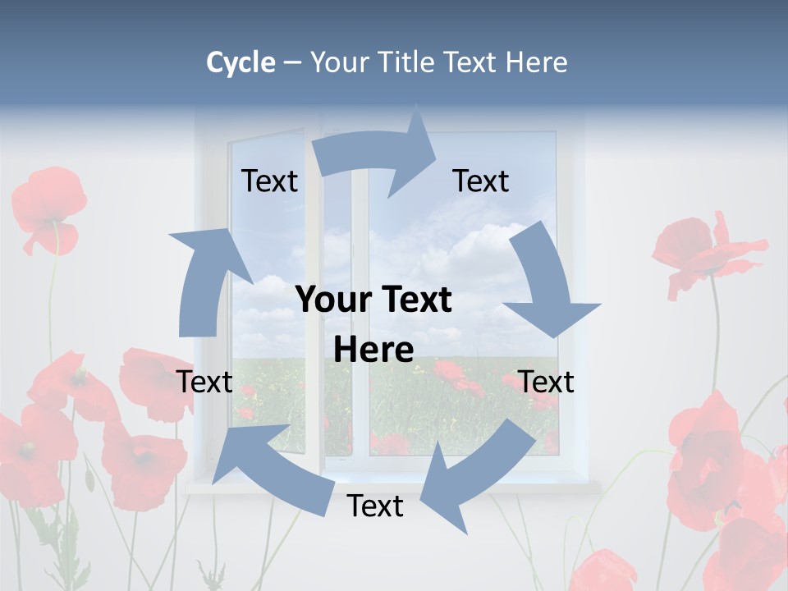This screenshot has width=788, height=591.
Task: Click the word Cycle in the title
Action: coord(241,62)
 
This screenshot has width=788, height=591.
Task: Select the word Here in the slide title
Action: coord(536,62)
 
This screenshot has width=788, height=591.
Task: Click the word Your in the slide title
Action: coord(340,62)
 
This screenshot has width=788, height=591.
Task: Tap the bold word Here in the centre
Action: coord(373,350)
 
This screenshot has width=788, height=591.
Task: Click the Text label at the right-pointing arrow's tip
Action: coord(481,181)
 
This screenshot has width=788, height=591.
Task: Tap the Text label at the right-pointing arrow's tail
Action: coord(269,181)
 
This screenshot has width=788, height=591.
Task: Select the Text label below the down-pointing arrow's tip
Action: coord(547,382)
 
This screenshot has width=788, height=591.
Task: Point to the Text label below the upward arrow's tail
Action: coord(204,382)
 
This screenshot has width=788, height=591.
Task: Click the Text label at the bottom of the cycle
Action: coord(375,506)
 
